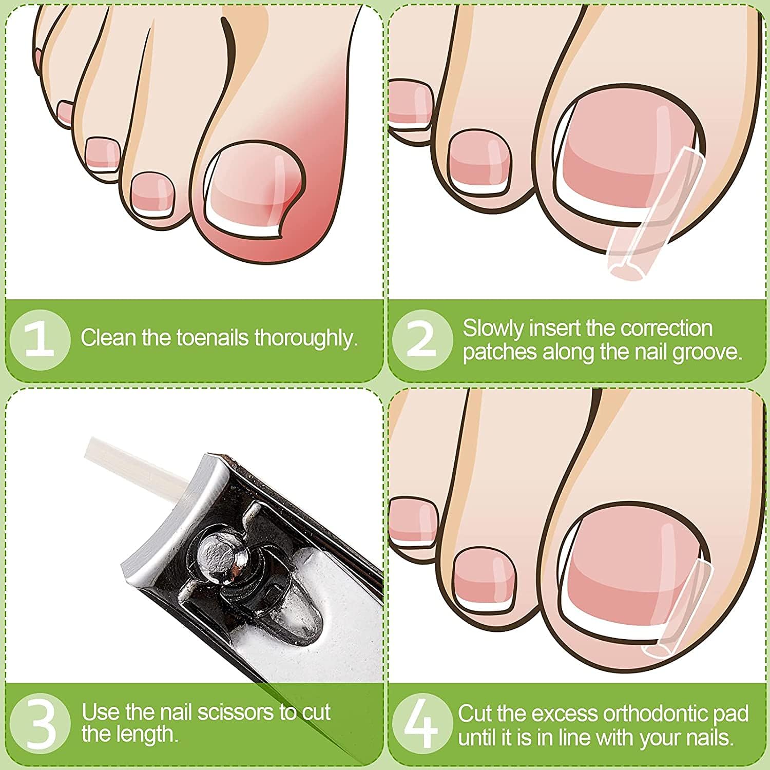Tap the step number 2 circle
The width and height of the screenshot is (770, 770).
coord(422,339)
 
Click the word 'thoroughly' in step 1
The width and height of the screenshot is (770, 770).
coord(306,339)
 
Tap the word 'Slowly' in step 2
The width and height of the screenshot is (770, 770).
coord(493,329)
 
